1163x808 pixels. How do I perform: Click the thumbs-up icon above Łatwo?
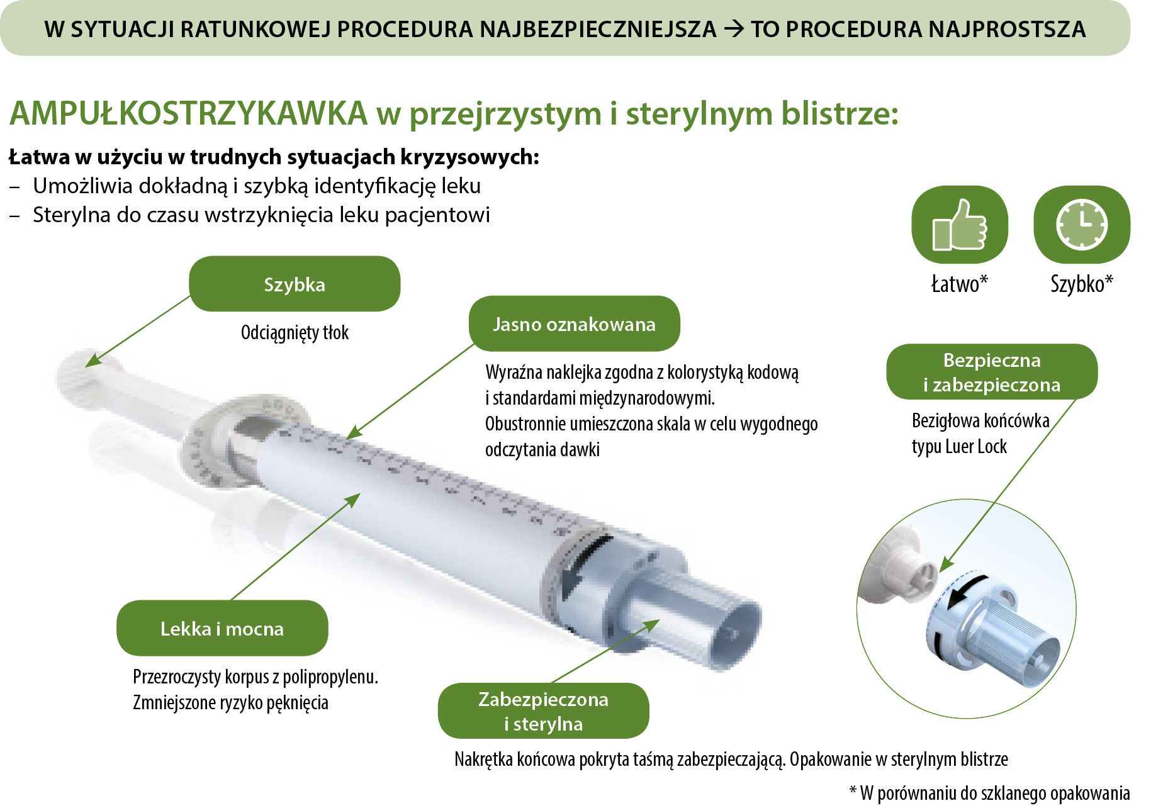(x=960, y=225)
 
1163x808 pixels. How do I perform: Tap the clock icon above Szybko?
(x=1081, y=225)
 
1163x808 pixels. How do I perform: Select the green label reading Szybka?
(x=295, y=284)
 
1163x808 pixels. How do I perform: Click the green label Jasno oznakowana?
(x=574, y=323)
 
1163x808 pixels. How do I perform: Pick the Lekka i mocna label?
(x=222, y=628)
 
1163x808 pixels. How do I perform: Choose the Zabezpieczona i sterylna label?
(x=543, y=710)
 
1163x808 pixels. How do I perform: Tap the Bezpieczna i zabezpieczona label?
(x=991, y=372)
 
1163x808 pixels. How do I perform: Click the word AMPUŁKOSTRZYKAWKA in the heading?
(x=189, y=114)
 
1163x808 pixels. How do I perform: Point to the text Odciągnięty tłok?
(x=295, y=332)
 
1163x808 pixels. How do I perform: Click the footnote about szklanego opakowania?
(x=989, y=793)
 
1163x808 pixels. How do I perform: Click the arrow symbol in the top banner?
(x=734, y=29)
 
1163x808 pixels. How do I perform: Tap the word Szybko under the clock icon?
(x=1077, y=284)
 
